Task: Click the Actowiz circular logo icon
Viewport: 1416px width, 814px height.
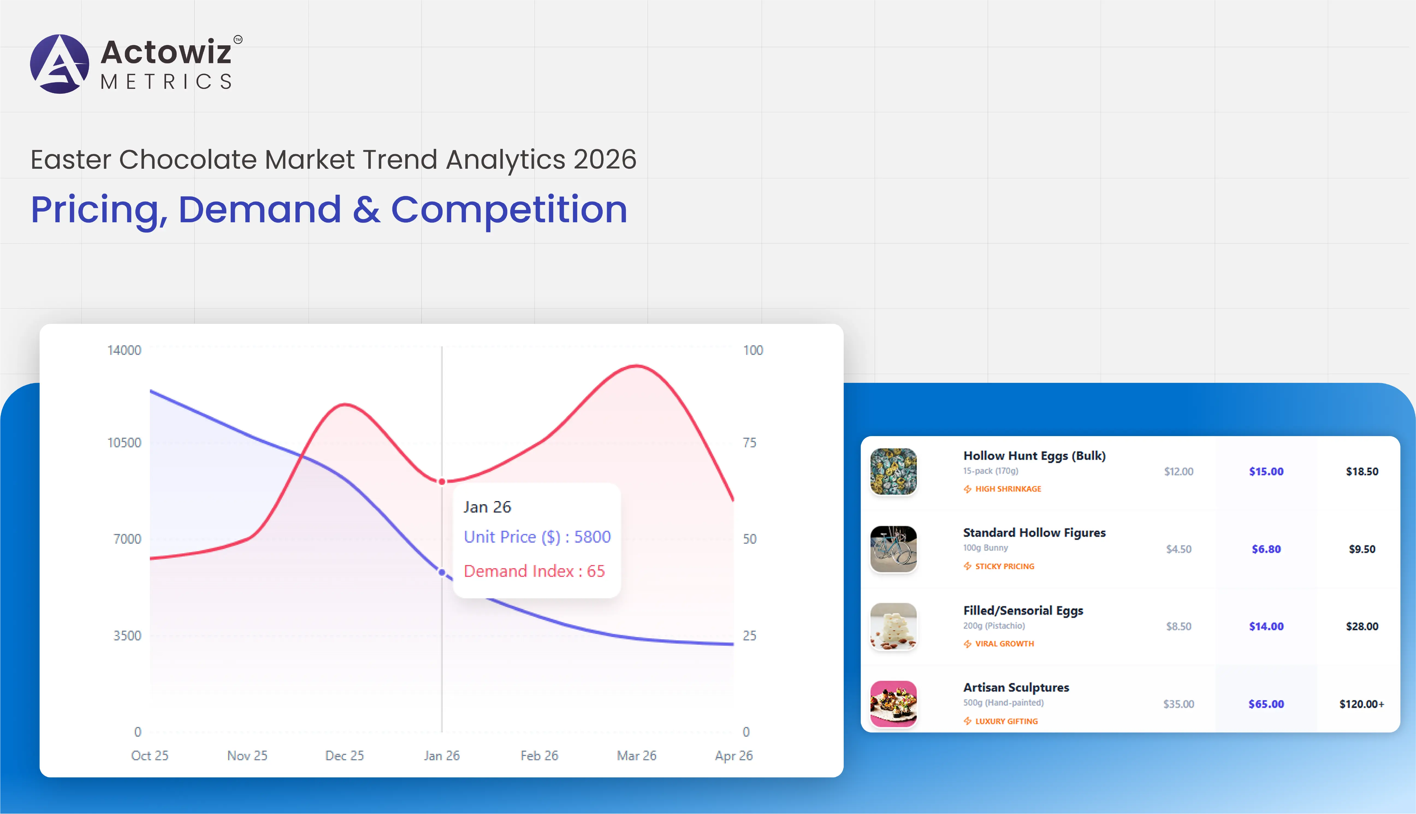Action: pos(59,64)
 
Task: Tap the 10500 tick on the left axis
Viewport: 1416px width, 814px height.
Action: pos(124,443)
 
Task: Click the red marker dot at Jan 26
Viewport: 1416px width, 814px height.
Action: pos(442,481)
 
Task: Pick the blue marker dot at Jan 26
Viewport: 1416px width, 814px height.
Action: pos(442,573)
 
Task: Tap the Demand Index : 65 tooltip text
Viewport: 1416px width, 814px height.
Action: pos(534,571)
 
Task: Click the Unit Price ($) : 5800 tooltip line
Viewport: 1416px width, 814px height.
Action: pos(537,537)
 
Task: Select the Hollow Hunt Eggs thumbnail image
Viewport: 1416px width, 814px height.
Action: pos(893,471)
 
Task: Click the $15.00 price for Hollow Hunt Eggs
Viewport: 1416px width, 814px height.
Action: pos(1266,471)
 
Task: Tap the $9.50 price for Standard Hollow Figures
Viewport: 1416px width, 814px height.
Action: pos(1362,549)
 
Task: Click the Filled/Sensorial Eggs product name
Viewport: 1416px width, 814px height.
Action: pos(1023,611)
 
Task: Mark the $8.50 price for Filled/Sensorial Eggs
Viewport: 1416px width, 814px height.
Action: pos(1178,626)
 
